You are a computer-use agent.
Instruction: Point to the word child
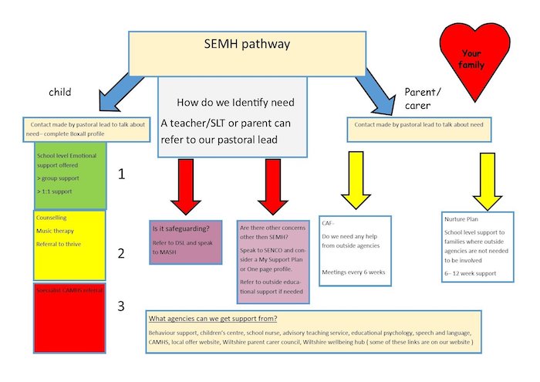point(59,93)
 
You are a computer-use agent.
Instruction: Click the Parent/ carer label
point(421,99)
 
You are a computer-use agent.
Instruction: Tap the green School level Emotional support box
point(69,175)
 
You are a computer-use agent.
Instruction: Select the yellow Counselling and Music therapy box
point(69,245)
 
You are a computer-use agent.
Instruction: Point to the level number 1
point(121,174)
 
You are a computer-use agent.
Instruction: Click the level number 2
point(120,252)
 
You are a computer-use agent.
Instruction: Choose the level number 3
point(120,306)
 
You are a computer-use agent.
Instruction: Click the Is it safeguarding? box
point(185,242)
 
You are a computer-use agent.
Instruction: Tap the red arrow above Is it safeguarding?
point(186,185)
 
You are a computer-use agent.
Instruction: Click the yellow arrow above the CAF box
point(356,179)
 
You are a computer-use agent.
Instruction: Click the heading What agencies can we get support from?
point(213,319)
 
